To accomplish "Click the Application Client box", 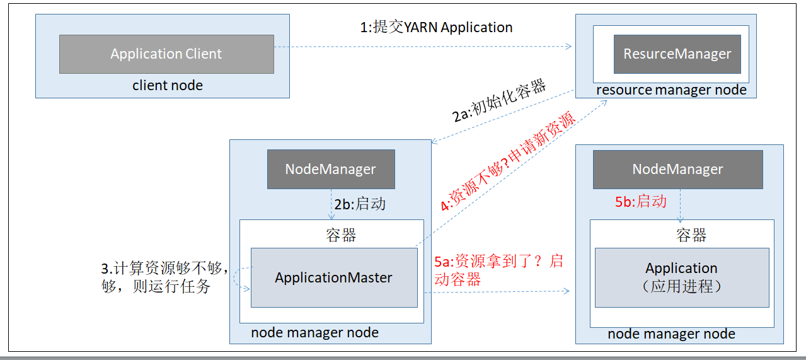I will (x=166, y=54).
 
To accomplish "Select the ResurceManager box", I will (x=677, y=54).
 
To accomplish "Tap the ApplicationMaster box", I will (x=333, y=277).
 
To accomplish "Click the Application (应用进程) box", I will (x=681, y=277).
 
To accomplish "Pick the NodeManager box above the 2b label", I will (x=331, y=169).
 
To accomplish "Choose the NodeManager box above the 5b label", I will (x=677, y=169).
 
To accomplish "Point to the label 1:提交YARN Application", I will (x=436, y=27).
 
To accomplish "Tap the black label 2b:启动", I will (x=360, y=204).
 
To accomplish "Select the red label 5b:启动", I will (x=640, y=202).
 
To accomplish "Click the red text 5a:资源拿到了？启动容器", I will (x=498, y=270).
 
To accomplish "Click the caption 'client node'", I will (x=168, y=86).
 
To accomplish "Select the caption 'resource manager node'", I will (x=671, y=90).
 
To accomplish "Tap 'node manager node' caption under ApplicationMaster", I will (x=314, y=332).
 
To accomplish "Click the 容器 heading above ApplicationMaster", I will (x=341, y=235).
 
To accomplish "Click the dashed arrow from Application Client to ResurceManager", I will (x=422, y=46).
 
